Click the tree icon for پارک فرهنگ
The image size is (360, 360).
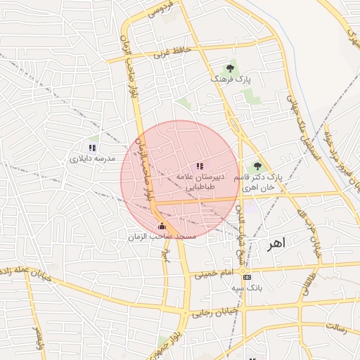230,69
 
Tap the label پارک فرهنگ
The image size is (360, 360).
229,80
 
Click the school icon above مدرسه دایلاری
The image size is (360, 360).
92,148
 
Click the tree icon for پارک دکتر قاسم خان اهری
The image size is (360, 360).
257,167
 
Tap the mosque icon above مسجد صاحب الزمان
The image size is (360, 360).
162,226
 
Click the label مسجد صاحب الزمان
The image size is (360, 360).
162,238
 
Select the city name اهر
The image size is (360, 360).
277,244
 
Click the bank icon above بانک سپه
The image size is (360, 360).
245,277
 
